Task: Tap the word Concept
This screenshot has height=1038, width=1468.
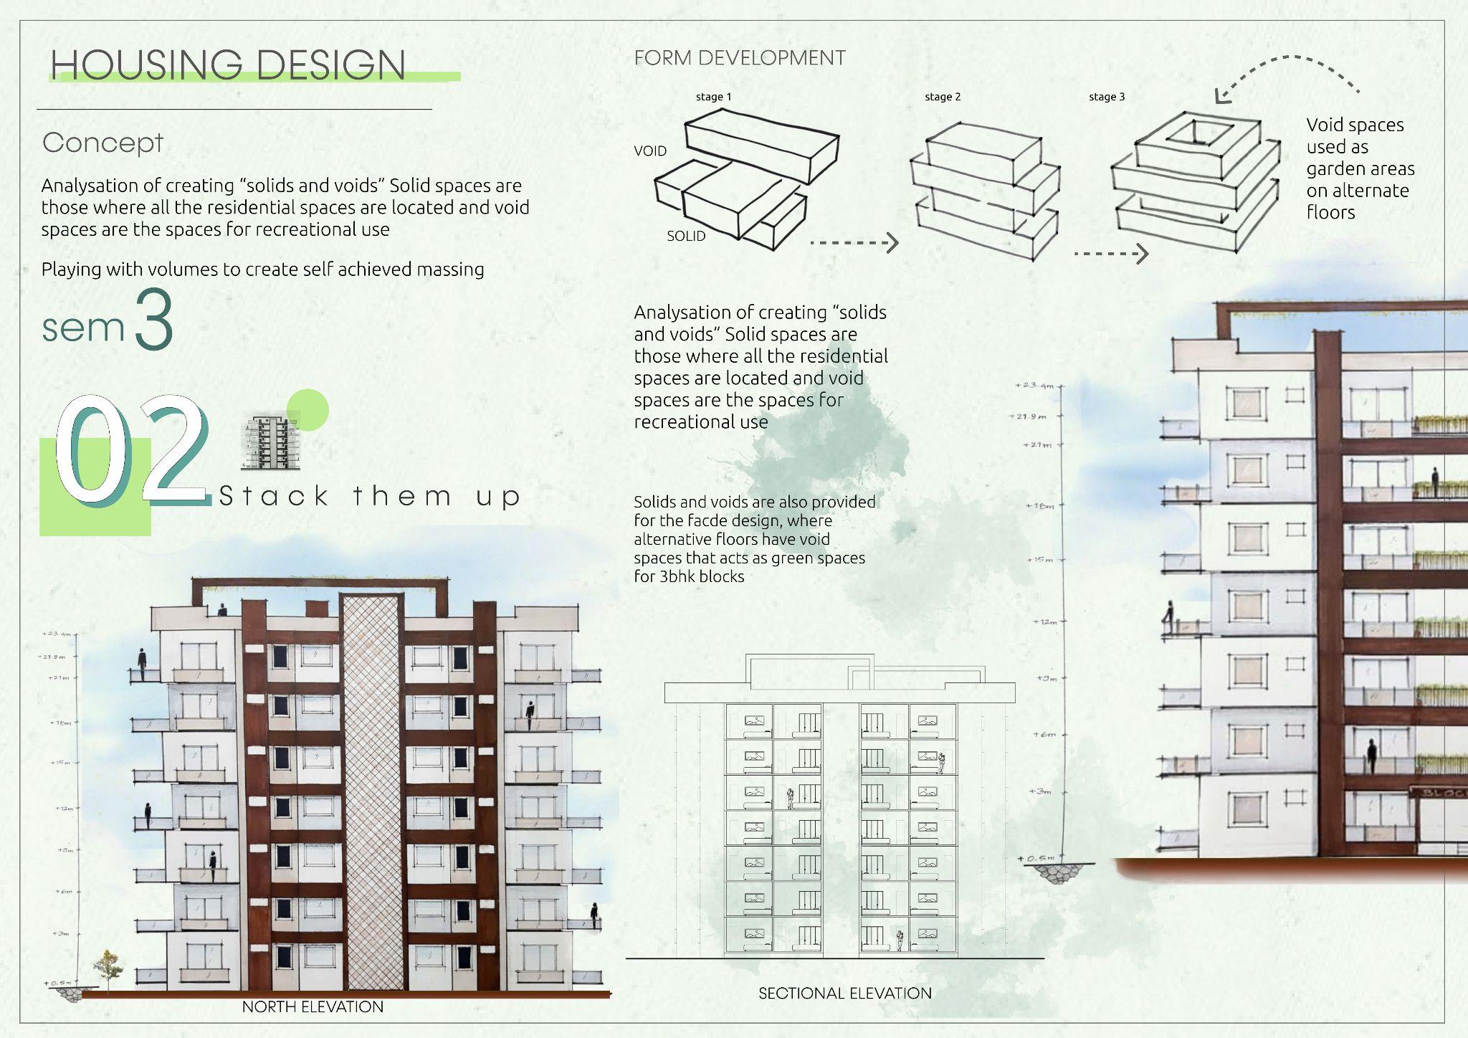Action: [x=103, y=143]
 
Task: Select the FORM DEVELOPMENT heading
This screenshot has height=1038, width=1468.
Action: [x=739, y=58]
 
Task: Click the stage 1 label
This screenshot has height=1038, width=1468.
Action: [x=713, y=97]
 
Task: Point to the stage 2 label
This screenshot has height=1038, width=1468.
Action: [x=942, y=97]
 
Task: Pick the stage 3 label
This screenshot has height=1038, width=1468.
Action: [x=1106, y=97]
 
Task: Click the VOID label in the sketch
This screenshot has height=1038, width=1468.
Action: [x=649, y=151]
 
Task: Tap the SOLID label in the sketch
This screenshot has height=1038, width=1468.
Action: [x=685, y=236]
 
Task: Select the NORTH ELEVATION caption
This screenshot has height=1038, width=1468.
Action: [x=313, y=1006]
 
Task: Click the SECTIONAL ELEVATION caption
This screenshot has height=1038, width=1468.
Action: [x=844, y=993]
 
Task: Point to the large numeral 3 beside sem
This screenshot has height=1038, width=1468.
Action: [x=153, y=319]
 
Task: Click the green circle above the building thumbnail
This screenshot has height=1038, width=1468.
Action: [x=308, y=410]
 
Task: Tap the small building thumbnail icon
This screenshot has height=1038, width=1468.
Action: [x=270, y=443]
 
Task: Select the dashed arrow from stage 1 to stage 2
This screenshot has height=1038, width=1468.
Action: [x=854, y=243]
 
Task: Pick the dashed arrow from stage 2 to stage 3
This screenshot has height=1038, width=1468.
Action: [x=1111, y=253]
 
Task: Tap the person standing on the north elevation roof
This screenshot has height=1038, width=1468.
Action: [x=222, y=610]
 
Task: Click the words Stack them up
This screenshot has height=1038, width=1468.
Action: [x=369, y=496]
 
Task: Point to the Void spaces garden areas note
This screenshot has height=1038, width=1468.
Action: [x=1359, y=168]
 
